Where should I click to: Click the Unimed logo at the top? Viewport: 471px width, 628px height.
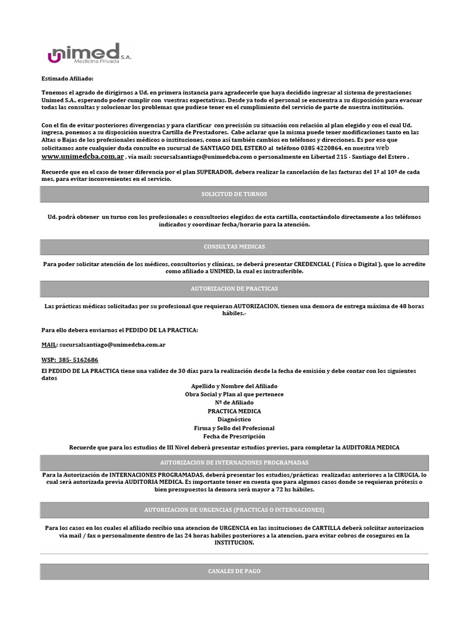[x=89, y=55]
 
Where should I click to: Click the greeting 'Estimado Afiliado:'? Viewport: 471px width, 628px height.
[x=68, y=78]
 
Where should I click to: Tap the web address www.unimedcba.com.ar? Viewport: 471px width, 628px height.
[x=82, y=156]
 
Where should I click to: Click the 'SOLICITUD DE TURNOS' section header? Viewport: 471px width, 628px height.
[x=234, y=194]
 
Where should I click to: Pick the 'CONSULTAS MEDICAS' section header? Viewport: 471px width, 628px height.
[x=234, y=247]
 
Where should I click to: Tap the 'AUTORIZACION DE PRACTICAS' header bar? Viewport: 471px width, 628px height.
[x=234, y=288]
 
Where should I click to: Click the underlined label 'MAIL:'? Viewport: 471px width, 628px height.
[x=49, y=345]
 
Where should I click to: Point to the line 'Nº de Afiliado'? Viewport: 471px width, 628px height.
[x=234, y=403]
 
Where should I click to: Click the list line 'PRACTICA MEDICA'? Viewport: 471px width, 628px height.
[x=234, y=411]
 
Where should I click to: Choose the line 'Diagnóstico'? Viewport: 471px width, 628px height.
[x=234, y=419]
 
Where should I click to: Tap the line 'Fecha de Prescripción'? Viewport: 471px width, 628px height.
[x=234, y=436]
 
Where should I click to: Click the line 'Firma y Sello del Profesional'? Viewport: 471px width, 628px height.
[x=234, y=428]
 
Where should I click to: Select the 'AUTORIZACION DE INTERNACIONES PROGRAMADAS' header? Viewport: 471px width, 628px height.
[x=234, y=462]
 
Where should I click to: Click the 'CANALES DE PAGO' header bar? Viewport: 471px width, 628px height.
[x=234, y=571]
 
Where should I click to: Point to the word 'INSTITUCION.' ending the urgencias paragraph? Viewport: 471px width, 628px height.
[x=234, y=543]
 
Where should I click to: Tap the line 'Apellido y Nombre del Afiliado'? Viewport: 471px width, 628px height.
[x=234, y=386]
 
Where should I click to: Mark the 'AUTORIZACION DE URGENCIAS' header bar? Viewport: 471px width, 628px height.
[x=234, y=510]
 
